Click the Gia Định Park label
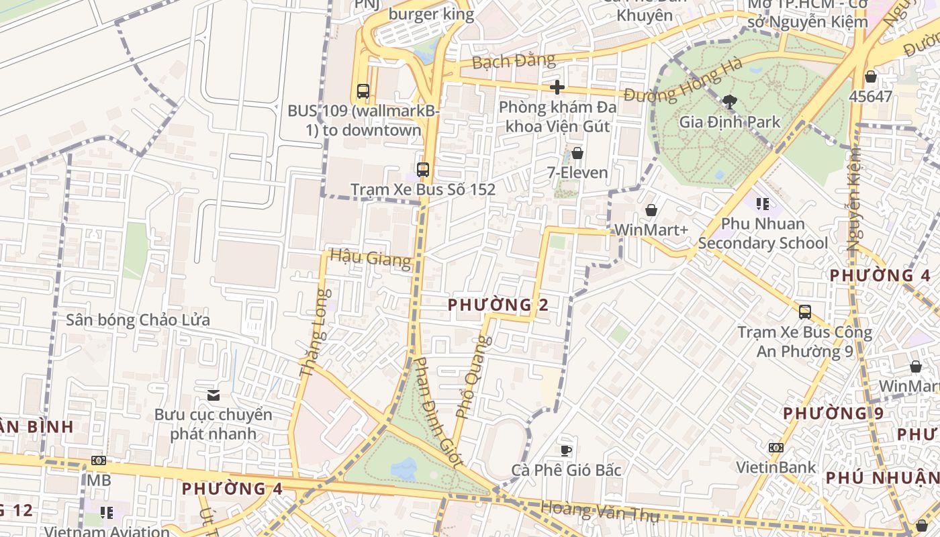(730, 122)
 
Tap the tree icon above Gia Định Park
(729, 102)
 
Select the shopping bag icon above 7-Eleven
(577, 153)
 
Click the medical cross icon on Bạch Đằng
(557, 87)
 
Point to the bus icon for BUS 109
(363, 91)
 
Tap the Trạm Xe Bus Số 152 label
(423, 189)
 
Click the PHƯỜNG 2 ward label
(498, 305)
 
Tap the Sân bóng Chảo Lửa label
(138, 320)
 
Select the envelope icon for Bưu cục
(214, 395)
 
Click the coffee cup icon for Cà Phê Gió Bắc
(566, 450)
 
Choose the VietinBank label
(775, 467)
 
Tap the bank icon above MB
(99, 460)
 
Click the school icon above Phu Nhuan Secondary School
(762, 203)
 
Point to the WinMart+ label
(651, 230)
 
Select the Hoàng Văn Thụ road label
(600, 512)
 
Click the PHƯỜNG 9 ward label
(833, 413)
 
